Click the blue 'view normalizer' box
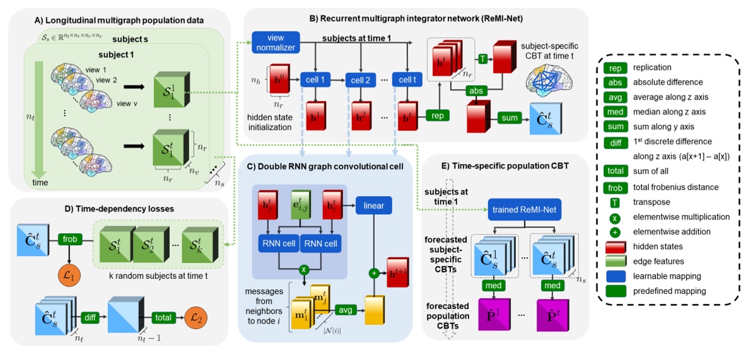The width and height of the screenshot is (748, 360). (x=274, y=42)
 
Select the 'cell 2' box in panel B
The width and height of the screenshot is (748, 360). (x=361, y=80)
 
